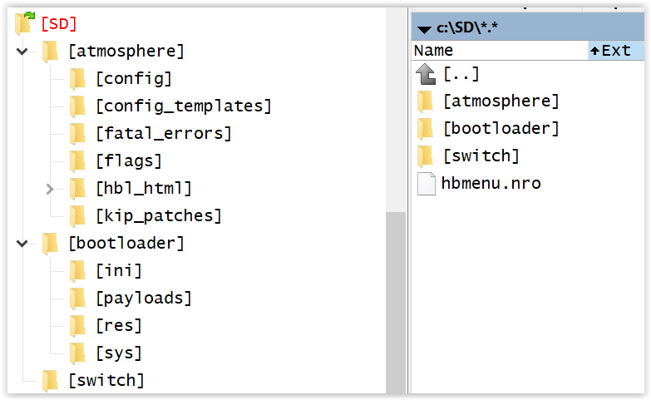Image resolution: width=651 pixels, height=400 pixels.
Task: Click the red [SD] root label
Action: pos(59,23)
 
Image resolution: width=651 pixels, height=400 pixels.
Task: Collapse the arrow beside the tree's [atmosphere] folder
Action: pos(22,51)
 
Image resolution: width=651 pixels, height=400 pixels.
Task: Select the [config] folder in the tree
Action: pos(134,78)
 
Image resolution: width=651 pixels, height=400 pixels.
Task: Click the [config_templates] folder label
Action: pos(184,106)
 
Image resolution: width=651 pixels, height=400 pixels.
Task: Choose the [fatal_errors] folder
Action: pos(164,133)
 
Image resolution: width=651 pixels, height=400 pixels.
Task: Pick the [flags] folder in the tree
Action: pos(129,160)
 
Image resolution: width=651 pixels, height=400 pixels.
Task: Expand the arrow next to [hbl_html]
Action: pos(50,189)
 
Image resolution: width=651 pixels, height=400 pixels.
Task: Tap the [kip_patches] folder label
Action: pos(159,215)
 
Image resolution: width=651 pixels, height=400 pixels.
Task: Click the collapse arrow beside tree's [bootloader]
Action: pos(22,244)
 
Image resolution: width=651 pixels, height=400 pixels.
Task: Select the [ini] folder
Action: pos(119,270)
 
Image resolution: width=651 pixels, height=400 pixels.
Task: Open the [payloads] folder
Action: pos(144,298)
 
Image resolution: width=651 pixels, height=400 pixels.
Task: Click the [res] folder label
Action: pos(119,325)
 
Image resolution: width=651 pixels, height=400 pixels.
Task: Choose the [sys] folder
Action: pos(119,353)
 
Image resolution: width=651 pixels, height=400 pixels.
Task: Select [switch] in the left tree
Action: pos(106,380)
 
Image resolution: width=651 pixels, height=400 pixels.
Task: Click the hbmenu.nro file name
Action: pos(491,183)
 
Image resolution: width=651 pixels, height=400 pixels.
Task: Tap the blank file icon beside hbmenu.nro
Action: pos(426,184)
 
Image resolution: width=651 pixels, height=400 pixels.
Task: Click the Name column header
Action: pos(433,50)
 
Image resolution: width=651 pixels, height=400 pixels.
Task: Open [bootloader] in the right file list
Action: pos(501,128)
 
